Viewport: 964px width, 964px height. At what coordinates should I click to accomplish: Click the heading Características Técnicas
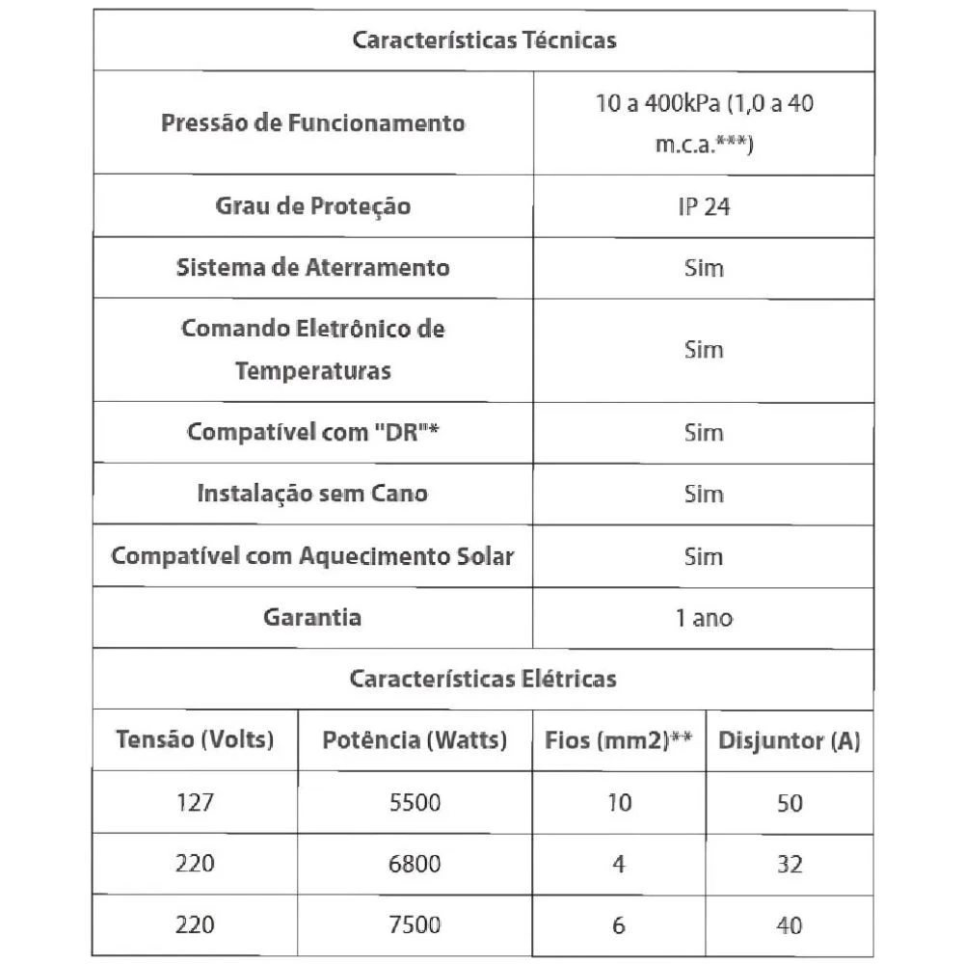click(x=483, y=40)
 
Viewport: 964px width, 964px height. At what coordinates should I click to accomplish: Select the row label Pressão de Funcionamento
click(x=312, y=123)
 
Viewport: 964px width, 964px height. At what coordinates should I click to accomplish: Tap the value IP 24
click(x=704, y=206)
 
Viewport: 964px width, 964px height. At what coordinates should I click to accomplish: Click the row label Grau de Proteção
click(x=312, y=206)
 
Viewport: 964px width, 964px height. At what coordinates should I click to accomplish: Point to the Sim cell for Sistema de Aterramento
click(x=704, y=268)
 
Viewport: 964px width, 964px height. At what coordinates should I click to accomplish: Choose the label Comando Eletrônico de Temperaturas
click(x=312, y=349)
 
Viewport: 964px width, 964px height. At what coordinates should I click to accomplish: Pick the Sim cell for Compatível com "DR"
click(x=704, y=432)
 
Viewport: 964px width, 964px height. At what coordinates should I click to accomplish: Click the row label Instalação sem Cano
click(x=312, y=494)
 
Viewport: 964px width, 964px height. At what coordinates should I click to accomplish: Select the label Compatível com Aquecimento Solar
click(x=312, y=556)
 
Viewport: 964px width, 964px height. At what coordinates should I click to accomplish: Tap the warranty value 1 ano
click(x=704, y=618)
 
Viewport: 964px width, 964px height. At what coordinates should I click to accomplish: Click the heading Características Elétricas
click(x=483, y=679)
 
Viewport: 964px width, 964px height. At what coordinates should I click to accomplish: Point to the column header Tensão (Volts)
click(x=195, y=740)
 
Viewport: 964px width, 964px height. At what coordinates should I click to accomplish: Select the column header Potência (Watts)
click(x=415, y=740)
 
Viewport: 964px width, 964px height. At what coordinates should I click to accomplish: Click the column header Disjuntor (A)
click(x=790, y=741)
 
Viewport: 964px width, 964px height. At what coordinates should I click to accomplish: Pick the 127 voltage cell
click(x=195, y=802)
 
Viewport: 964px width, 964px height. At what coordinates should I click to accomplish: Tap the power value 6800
click(x=415, y=864)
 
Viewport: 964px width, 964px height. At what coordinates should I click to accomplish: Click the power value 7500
click(x=415, y=925)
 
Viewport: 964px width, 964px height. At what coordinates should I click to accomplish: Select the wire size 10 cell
click(x=619, y=802)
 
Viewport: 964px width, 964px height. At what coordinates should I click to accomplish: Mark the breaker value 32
click(x=790, y=864)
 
